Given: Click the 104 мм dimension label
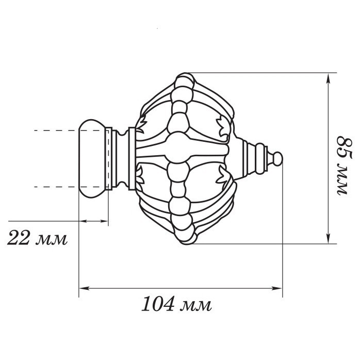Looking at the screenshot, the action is click(x=176, y=304).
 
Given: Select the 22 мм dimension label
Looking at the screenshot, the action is click(x=37, y=238).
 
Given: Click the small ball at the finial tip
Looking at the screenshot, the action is click(x=277, y=159).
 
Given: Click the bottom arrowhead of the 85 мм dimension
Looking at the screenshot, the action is click(x=329, y=238).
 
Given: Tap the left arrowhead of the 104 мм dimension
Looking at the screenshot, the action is click(x=84, y=288).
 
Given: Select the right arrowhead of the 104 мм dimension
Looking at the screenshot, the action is click(x=277, y=288).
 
